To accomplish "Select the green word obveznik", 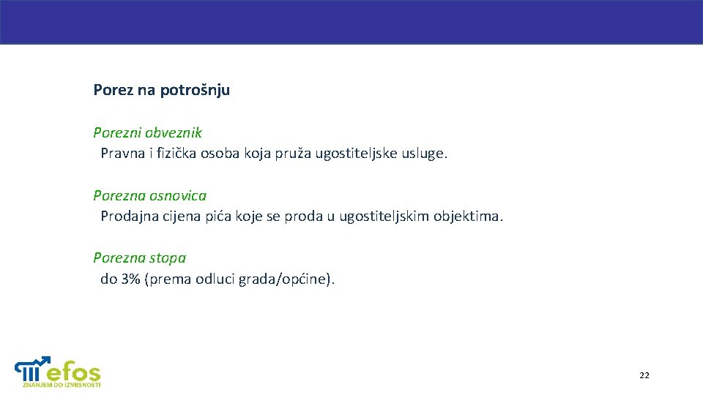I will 174,133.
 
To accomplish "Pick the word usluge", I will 424,154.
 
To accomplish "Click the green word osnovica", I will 178,195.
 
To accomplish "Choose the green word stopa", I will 168,257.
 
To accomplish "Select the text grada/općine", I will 286,279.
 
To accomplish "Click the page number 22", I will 644,375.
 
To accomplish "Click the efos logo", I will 59,371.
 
